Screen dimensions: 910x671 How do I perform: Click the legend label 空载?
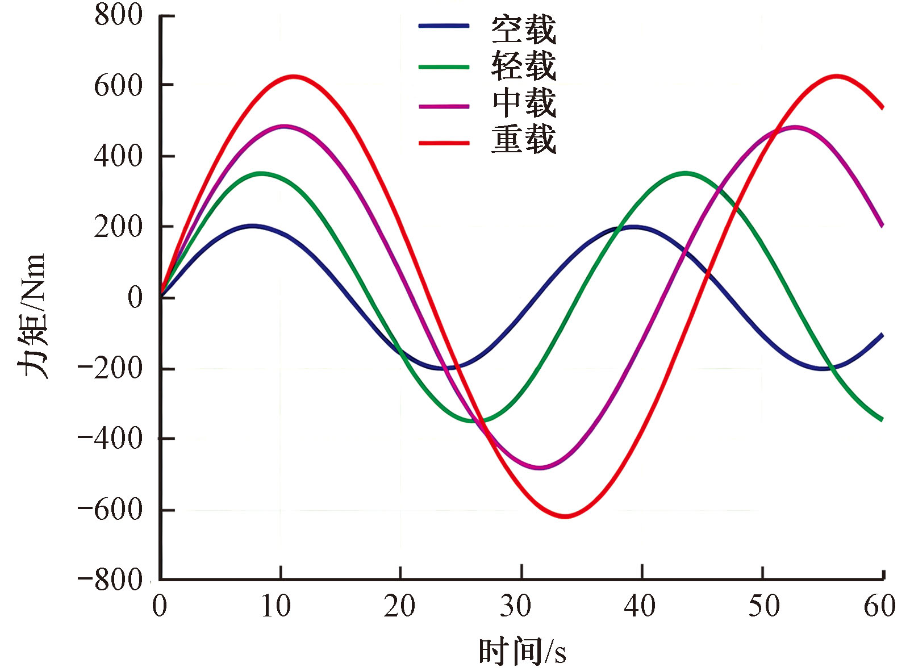coord(523,30)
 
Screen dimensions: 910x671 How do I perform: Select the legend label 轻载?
coord(523,66)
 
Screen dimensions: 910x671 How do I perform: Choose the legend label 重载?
coord(523,139)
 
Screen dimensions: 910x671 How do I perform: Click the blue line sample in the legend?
coord(444,26)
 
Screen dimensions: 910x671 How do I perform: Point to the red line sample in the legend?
coord(444,143)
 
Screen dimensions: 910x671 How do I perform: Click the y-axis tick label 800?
coord(118,15)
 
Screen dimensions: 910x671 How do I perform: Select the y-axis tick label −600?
coord(110,509)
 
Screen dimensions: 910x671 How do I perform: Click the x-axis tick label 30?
coord(515,606)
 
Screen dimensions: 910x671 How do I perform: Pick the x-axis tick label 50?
coord(764,606)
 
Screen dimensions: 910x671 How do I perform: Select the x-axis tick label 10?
coord(276,606)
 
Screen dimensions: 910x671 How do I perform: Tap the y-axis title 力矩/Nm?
coord(32,316)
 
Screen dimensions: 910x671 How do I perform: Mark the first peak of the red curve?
coord(293,76)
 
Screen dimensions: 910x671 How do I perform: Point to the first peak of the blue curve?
coord(253,226)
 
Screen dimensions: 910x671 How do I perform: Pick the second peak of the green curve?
coord(686,173)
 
